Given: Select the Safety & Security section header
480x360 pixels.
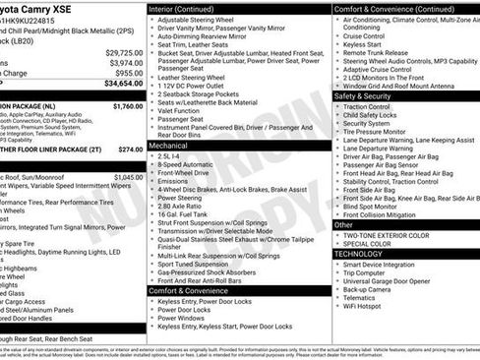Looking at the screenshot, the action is click(363, 96).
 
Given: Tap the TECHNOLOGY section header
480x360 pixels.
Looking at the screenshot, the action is click(359, 253).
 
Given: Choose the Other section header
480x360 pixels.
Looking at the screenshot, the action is click(344, 224).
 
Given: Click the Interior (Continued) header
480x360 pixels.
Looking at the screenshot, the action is click(189, 8).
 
